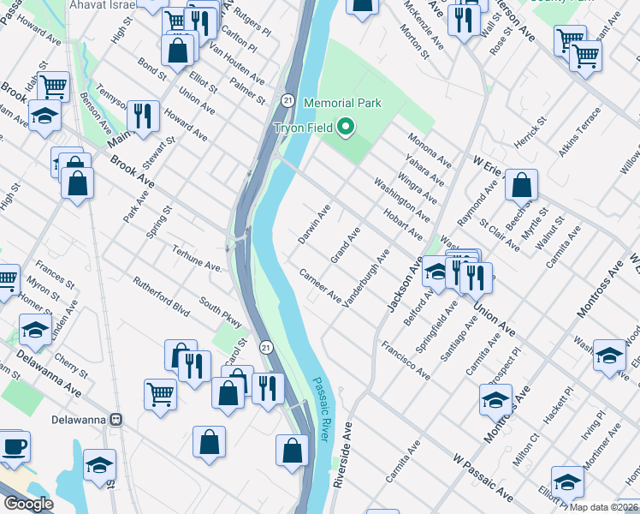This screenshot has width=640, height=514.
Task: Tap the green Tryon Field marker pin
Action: point(346,128)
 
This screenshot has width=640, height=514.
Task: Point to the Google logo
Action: point(28,504)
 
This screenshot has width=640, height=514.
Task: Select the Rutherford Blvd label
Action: point(160,296)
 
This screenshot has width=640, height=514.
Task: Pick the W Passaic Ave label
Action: point(483,480)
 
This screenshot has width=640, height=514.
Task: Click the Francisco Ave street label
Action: point(406,361)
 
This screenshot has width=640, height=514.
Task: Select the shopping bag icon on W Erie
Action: point(520,184)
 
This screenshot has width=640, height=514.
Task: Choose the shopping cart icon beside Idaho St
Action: point(53,86)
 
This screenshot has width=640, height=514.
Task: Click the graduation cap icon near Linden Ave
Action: point(35,329)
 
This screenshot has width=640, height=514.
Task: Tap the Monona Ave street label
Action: point(430,149)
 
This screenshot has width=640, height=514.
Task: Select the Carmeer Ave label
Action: point(320,285)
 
